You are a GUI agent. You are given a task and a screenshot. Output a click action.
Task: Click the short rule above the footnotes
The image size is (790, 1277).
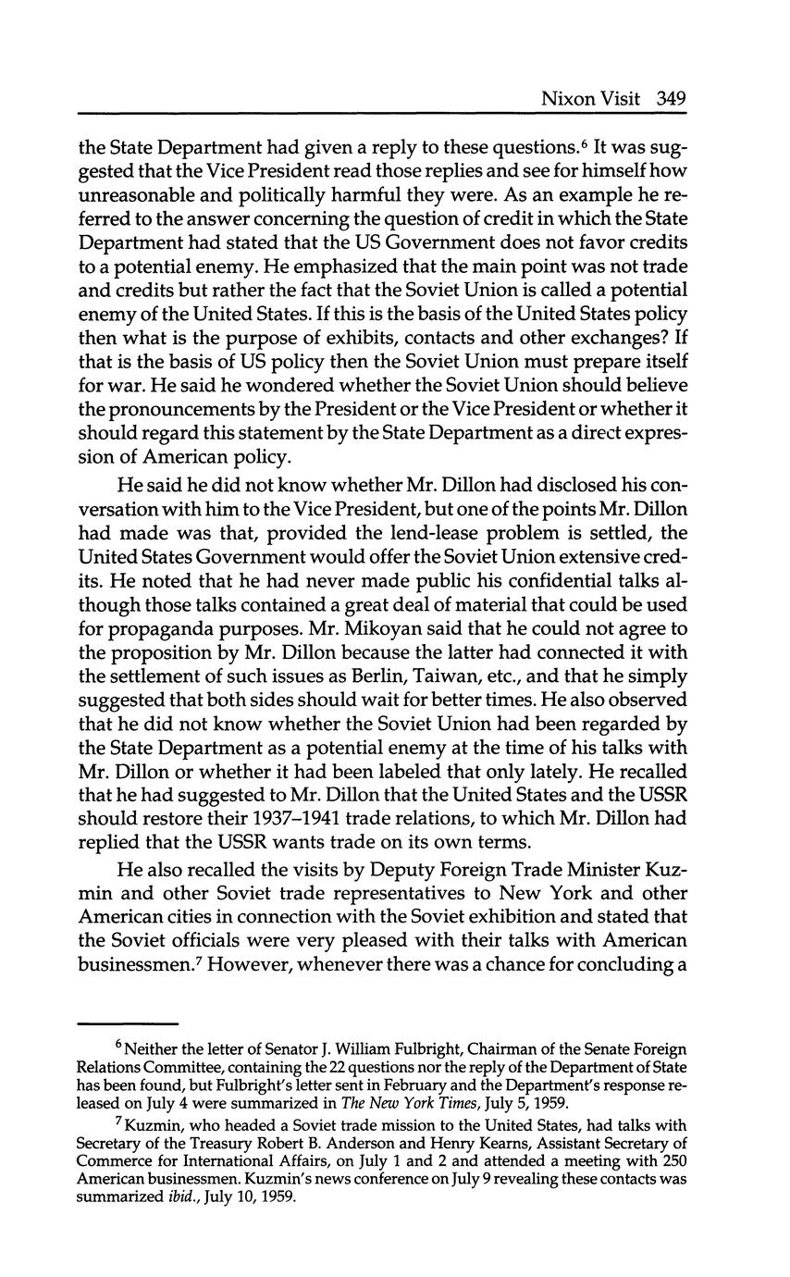[127, 1023]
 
